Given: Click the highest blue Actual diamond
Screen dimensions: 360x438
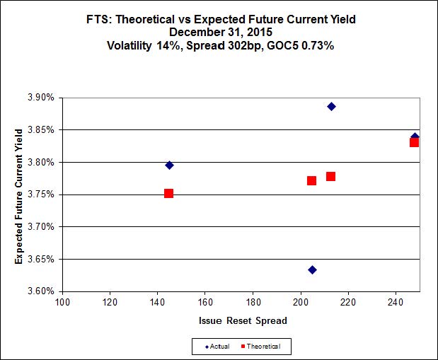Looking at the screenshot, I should click(x=331, y=106).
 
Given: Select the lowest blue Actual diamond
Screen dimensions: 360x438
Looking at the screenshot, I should click(x=312, y=269).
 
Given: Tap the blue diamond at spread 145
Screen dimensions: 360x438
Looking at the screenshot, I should click(x=169, y=165).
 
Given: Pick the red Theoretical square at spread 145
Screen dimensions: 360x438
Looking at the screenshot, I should click(x=168, y=193).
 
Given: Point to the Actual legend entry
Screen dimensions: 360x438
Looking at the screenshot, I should click(x=217, y=346).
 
